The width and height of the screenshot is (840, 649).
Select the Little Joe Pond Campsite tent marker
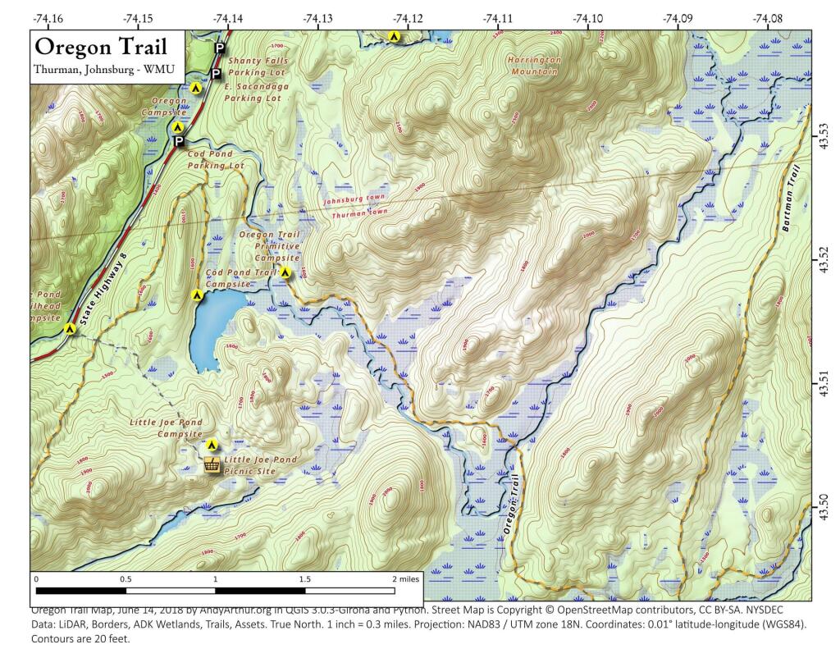[x=212, y=446]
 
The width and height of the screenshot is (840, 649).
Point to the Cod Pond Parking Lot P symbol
[x=178, y=142]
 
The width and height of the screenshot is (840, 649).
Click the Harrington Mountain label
[x=533, y=66]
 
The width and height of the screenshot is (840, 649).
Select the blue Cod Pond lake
[x=212, y=327]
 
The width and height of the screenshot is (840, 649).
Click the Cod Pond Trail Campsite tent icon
[x=197, y=295]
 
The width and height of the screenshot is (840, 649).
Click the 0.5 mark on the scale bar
[x=125, y=578]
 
